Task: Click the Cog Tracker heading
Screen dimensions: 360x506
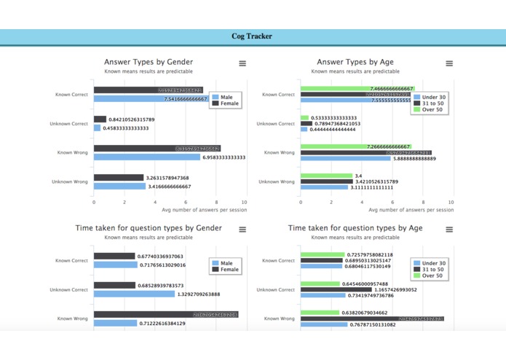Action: pyautogui.click(x=252, y=36)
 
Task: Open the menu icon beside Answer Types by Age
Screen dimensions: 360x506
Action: pyautogui.click(x=449, y=64)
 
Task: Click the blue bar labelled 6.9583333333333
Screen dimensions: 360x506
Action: pyautogui.click(x=146, y=157)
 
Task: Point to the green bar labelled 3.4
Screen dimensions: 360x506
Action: pyautogui.click(x=326, y=176)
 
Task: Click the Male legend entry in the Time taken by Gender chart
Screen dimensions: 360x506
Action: pyautogui.click(x=226, y=263)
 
